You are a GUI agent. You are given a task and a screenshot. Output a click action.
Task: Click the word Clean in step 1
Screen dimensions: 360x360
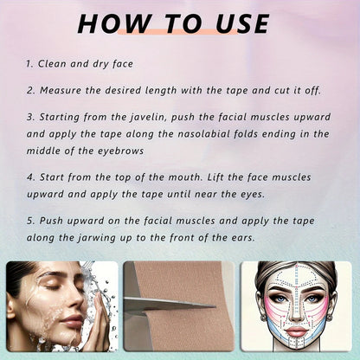coord(55,64)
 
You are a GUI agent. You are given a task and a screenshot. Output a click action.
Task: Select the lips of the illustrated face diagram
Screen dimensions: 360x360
coord(297,330)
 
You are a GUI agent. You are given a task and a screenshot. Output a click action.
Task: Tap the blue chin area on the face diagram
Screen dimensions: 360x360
coord(297,346)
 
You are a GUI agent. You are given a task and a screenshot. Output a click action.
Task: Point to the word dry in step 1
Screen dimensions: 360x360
coord(109,64)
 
